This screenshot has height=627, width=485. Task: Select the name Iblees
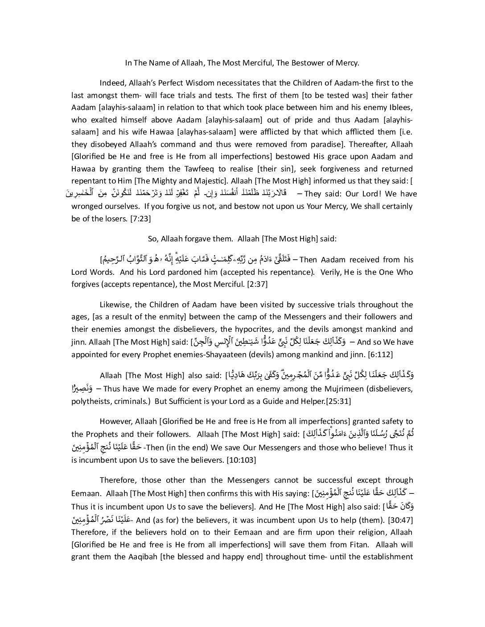[400, 107]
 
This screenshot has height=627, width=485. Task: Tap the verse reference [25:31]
[338, 401]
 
